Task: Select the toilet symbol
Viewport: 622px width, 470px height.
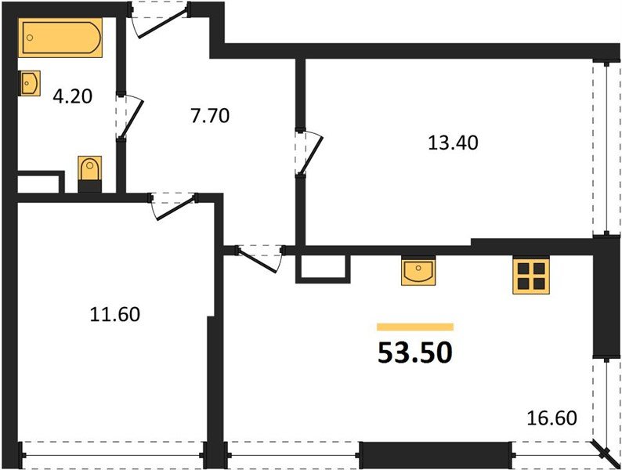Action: tap(90, 172)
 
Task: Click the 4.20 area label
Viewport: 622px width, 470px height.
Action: tap(72, 98)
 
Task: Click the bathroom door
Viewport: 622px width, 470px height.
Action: tap(127, 117)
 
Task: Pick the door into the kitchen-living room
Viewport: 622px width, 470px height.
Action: tap(259, 256)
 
